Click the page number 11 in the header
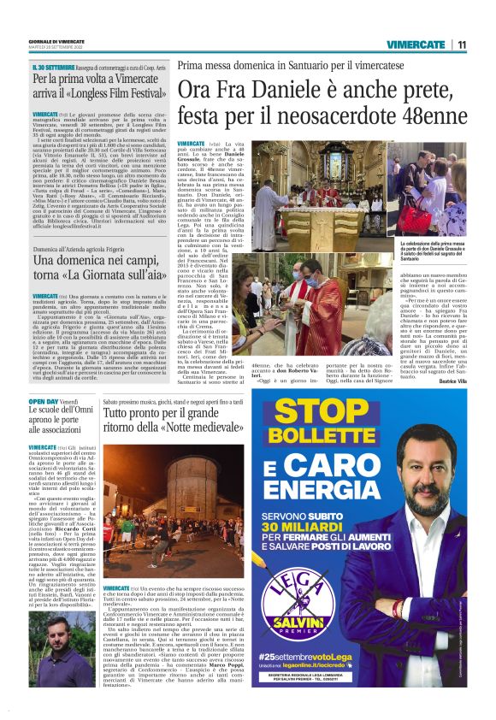(x=461, y=44)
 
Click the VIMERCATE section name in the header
(x=416, y=44)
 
